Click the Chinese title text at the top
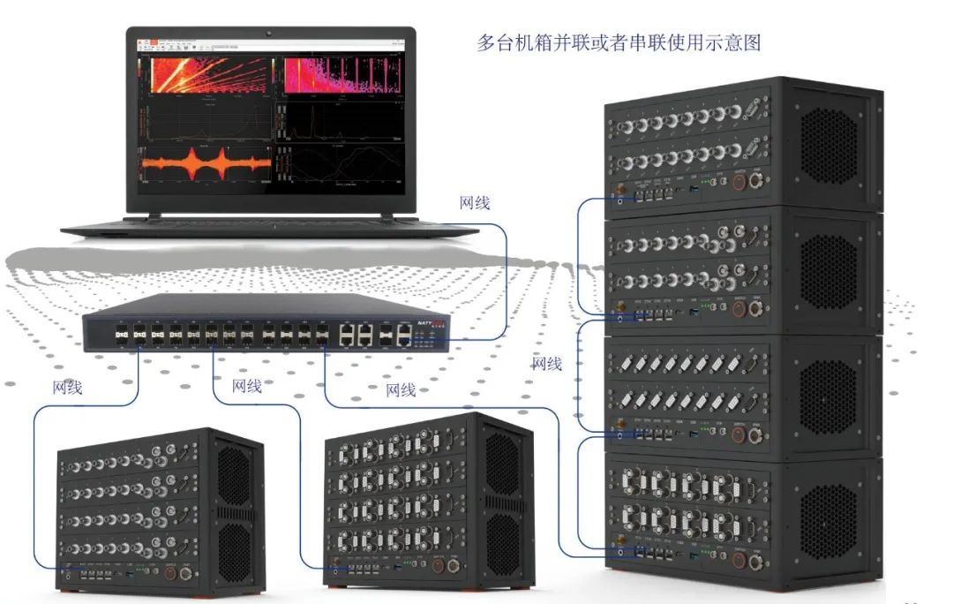tap(619, 42)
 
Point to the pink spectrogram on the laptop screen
tap(335, 75)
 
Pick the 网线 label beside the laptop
tap(475, 203)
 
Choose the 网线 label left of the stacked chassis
tap(547, 363)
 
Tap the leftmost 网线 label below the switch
tap(68, 386)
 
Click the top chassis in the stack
tap(741, 146)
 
